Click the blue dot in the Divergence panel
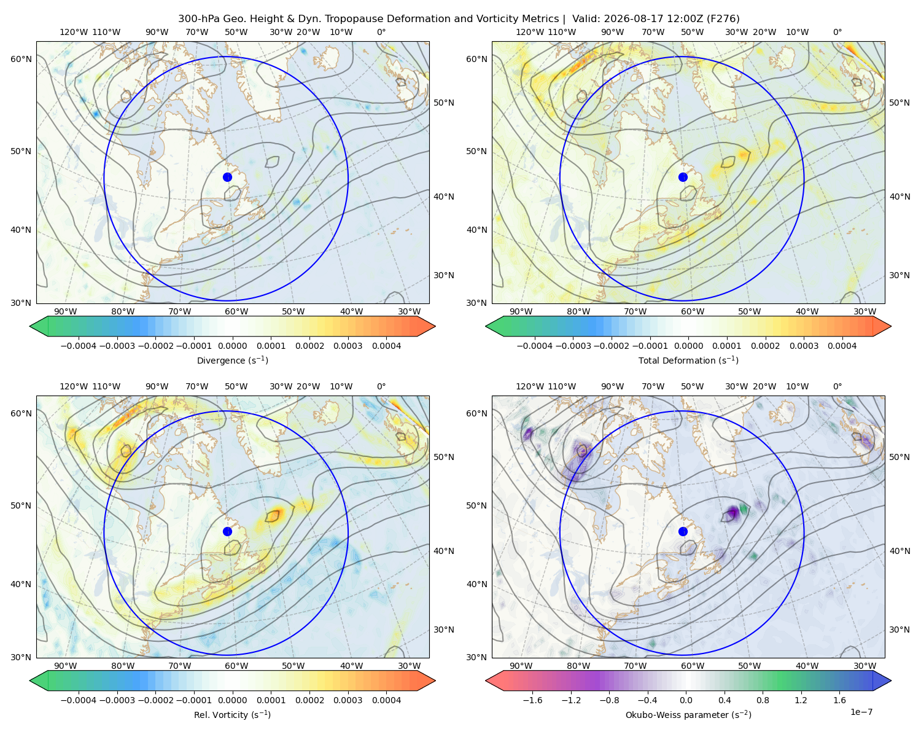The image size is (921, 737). coord(227,177)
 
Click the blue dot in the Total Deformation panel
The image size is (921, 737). coord(683,177)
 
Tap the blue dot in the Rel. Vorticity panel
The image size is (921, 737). coord(227,531)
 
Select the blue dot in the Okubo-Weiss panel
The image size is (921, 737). coord(683,531)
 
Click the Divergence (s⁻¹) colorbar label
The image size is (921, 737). coord(232,361)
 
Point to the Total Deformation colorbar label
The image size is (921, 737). coord(688,361)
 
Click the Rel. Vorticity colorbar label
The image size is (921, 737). coord(232,715)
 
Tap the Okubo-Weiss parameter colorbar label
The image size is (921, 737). coord(688,715)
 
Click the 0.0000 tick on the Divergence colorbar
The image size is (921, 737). coord(232,346)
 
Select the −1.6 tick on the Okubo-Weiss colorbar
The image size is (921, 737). coord(532,700)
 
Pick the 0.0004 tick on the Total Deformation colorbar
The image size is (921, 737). coord(842,346)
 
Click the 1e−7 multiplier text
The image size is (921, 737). coord(861,712)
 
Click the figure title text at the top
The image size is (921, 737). coord(459,19)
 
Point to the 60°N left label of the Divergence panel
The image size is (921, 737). coord(21,59)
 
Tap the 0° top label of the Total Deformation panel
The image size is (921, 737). coord(837,32)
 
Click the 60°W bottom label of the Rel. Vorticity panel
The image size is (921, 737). coord(236,666)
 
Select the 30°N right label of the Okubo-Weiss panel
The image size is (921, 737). coord(899,630)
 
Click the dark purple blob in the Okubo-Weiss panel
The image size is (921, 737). coord(733,512)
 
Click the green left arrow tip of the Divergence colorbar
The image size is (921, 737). coord(30,326)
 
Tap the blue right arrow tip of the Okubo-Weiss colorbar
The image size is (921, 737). coord(891,680)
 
